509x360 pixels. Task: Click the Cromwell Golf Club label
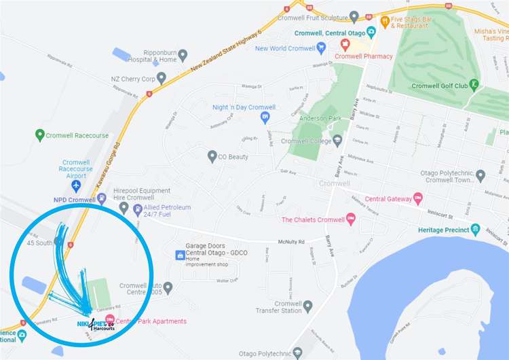tap(439, 86)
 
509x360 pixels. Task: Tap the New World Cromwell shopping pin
tap(321, 48)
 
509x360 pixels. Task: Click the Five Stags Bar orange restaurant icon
tap(385, 21)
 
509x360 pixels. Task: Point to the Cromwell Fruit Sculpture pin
tap(354, 16)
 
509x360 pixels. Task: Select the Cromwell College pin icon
tap(337, 141)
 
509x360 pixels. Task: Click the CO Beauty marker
tap(212, 156)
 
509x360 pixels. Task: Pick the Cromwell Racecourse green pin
tap(40, 135)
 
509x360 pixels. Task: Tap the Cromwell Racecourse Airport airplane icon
tap(76, 185)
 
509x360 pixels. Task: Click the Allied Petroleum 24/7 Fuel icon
tap(138, 207)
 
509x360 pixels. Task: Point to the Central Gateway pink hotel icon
tap(418, 199)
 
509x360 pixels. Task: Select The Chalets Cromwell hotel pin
tap(350, 219)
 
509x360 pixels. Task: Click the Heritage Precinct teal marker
tap(475, 230)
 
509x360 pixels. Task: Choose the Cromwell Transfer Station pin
tap(307, 306)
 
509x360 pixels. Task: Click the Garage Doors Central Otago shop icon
tap(180, 255)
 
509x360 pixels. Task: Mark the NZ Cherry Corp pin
tap(161, 78)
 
